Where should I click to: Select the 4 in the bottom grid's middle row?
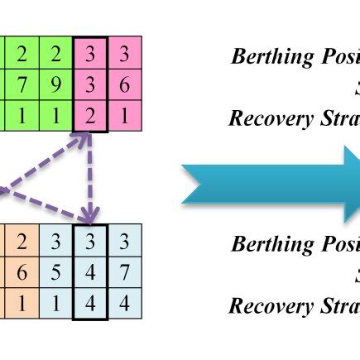coord(89,272)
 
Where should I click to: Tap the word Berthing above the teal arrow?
coord(264,57)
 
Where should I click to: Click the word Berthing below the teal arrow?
coord(264,244)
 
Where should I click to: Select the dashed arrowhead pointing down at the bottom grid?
coord(88,217)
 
